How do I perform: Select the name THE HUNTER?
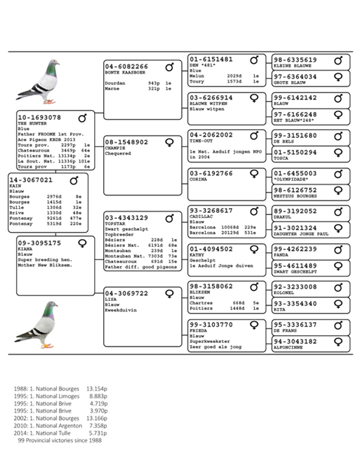[32, 123]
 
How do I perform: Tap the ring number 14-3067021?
[31, 180]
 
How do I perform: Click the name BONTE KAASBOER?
[125, 73]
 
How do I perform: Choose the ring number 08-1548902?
[126, 143]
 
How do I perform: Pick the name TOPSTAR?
[116, 223]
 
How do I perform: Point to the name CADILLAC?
[202, 217]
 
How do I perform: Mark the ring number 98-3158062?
[211, 287]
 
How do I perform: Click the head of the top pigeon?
[53, 64]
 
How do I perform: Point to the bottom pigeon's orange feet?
[46, 345]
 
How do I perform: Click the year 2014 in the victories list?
[19, 433]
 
